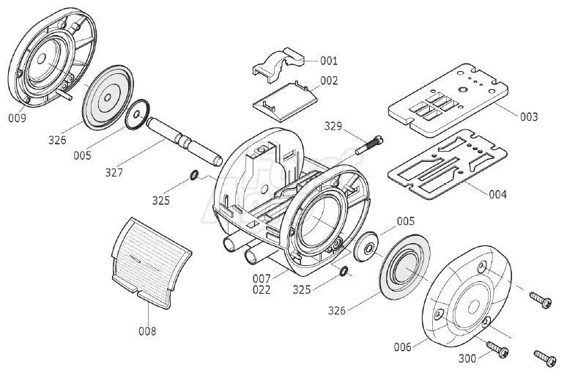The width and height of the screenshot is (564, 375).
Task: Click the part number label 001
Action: point(329,61)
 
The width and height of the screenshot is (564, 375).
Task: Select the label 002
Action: point(329,81)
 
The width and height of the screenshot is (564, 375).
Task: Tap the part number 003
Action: point(528,116)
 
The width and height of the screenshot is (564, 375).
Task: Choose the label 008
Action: point(146,331)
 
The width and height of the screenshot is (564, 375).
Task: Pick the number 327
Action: point(114,174)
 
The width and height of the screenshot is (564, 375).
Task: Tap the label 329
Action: point(333,126)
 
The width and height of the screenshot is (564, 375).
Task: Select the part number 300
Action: point(467,358)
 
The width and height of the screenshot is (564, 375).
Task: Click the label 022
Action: point(261,289)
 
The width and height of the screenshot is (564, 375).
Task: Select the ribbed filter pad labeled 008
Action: point(150,256)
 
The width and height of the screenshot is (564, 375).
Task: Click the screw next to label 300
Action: point(497,350)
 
